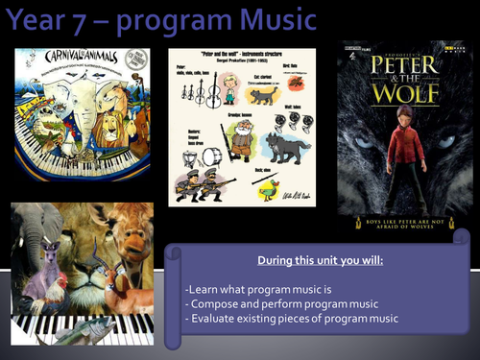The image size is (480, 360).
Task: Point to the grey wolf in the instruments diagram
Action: tap(286, 150)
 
